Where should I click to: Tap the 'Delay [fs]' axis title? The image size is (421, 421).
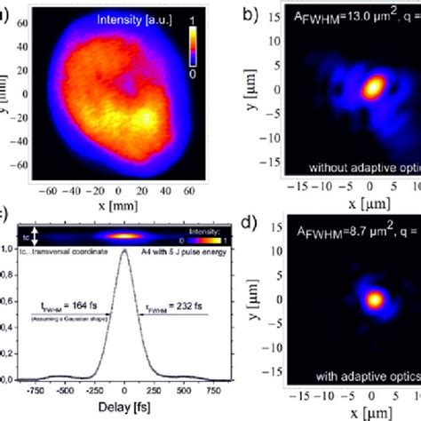(x=126, y=412)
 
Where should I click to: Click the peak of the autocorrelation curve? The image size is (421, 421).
(x=126, y=254)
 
